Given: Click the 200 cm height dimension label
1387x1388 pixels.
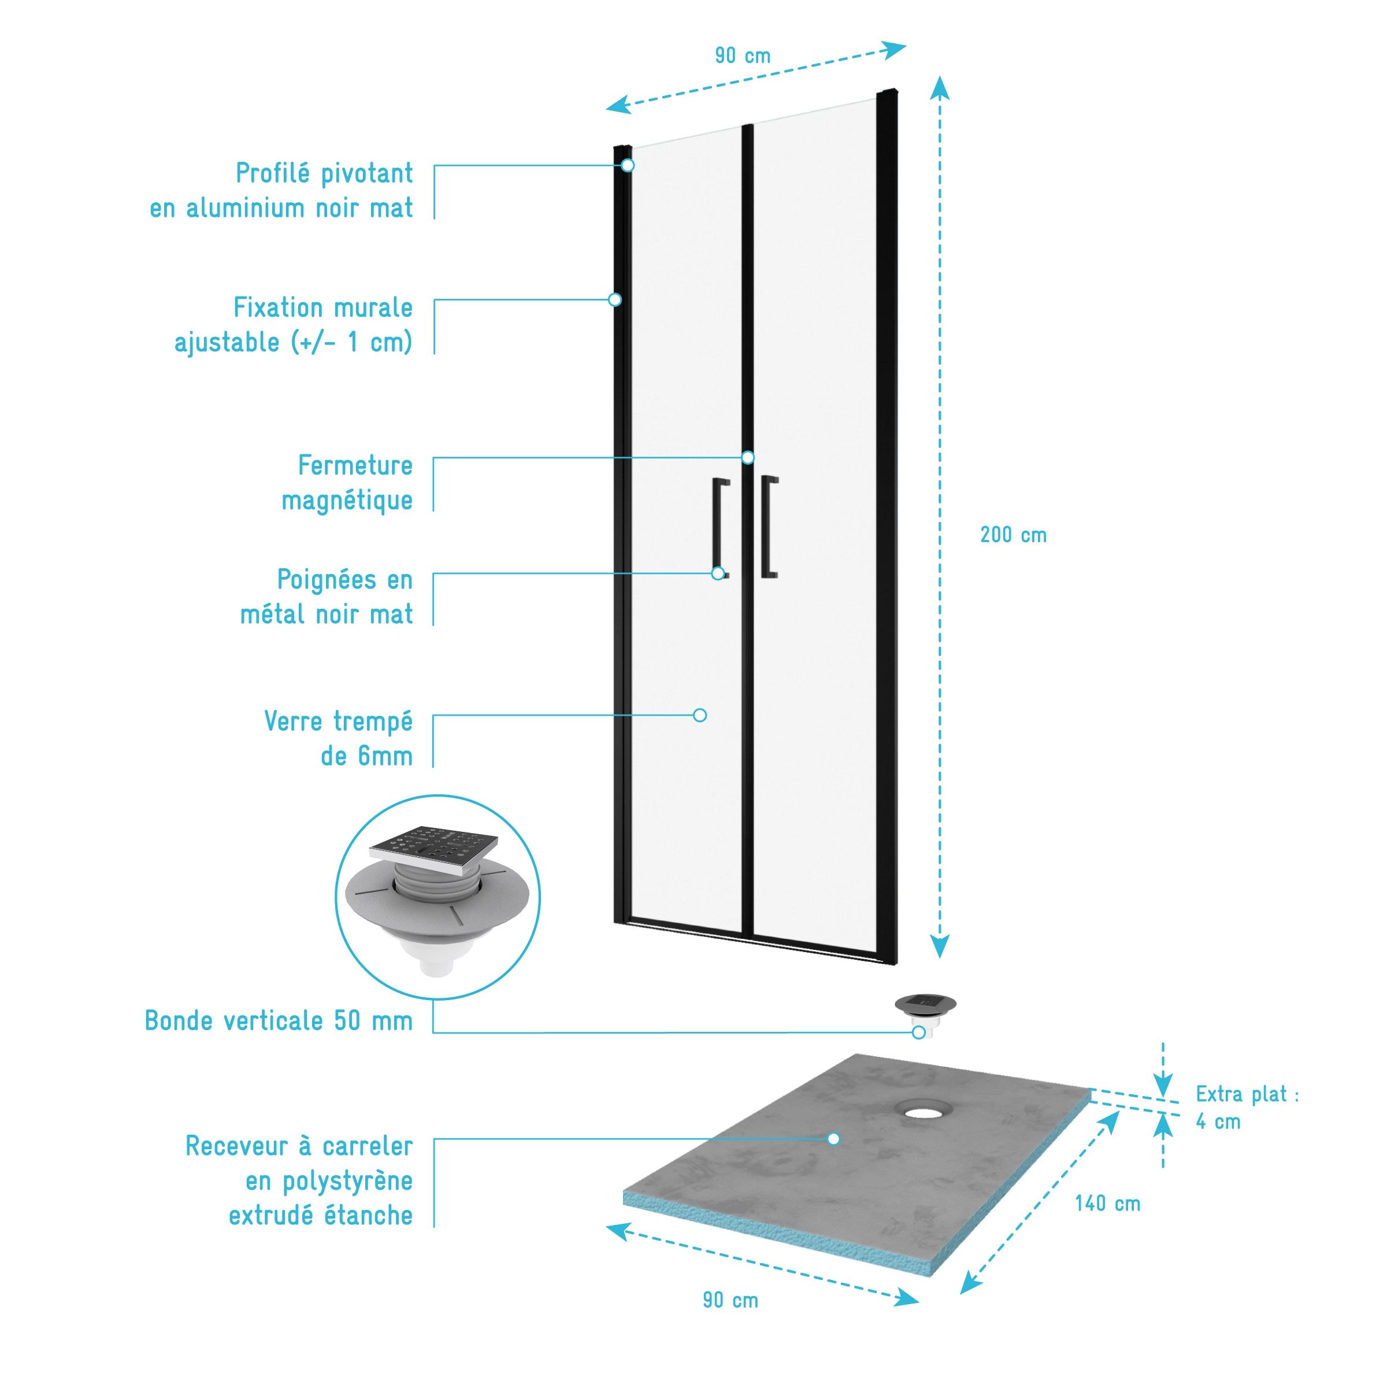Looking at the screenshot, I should [1013, 535].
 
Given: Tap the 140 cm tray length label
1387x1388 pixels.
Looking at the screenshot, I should [1107, 1204].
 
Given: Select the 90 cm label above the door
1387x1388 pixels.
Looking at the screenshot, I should [742, 55].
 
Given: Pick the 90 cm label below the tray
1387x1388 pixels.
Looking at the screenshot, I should [730, 1300].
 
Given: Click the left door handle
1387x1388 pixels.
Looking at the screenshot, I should [719, 525].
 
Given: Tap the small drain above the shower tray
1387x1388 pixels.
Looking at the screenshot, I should [925, 1006].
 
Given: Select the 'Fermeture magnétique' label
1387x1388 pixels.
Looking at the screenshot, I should [348, 482].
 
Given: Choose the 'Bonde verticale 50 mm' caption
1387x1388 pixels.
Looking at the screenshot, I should [279, 1020].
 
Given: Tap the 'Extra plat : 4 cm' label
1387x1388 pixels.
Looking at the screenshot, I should [1246, 1107].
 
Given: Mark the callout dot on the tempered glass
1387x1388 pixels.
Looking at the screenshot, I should [700, 715].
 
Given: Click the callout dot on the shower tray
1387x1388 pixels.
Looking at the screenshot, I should [833, 1138].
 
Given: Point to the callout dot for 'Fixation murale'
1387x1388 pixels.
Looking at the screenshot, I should [615, 299].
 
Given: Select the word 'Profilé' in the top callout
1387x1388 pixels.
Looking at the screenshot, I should [273, 173].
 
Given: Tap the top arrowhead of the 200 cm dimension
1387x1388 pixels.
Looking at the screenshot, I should [940, 88].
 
